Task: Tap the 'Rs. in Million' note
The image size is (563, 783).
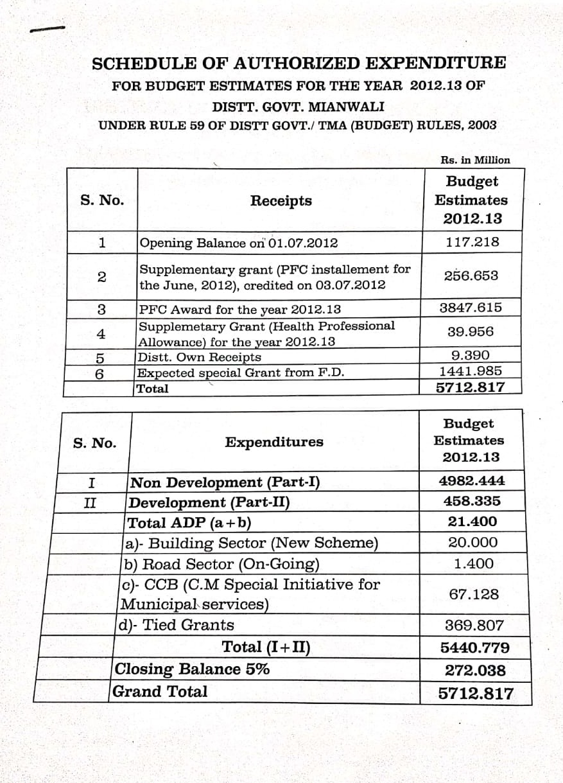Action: click(475, 160)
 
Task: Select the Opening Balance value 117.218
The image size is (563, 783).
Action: click(472, 242)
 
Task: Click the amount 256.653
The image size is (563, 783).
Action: click(471, 276)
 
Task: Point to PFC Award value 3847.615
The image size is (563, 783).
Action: click(471, 308)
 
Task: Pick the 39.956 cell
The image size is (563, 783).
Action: click(471, 331)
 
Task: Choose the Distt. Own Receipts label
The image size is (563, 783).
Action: click(200, 357)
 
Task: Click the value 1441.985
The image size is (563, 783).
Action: click(471, 371)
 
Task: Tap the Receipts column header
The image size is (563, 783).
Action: click(281, 200)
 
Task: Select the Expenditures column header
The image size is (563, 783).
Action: click(274, 442)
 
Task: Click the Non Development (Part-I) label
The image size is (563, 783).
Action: click(225, 482)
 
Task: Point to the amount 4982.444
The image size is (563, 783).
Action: click(472, 480)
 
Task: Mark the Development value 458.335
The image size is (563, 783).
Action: click(472, 501)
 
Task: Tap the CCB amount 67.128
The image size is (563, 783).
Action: click(474, 594)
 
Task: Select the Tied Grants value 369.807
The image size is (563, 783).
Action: click(474, 625)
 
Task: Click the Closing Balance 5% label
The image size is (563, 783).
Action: click(192, 669)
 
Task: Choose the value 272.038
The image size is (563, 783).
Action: click(475, 671)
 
